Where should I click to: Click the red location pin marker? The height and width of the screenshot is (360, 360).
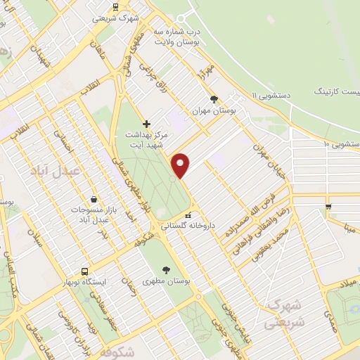pos(181,165)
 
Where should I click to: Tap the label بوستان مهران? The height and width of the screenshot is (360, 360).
pos(214,111)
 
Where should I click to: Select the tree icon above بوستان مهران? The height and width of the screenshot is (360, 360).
pos(214,99)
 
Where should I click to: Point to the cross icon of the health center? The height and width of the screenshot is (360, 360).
pos(146,124)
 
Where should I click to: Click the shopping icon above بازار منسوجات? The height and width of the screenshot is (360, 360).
pos(94,200)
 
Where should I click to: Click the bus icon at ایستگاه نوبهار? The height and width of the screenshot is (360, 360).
pos(85,271)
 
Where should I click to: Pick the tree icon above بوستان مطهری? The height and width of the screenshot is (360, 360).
pos(166,269)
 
